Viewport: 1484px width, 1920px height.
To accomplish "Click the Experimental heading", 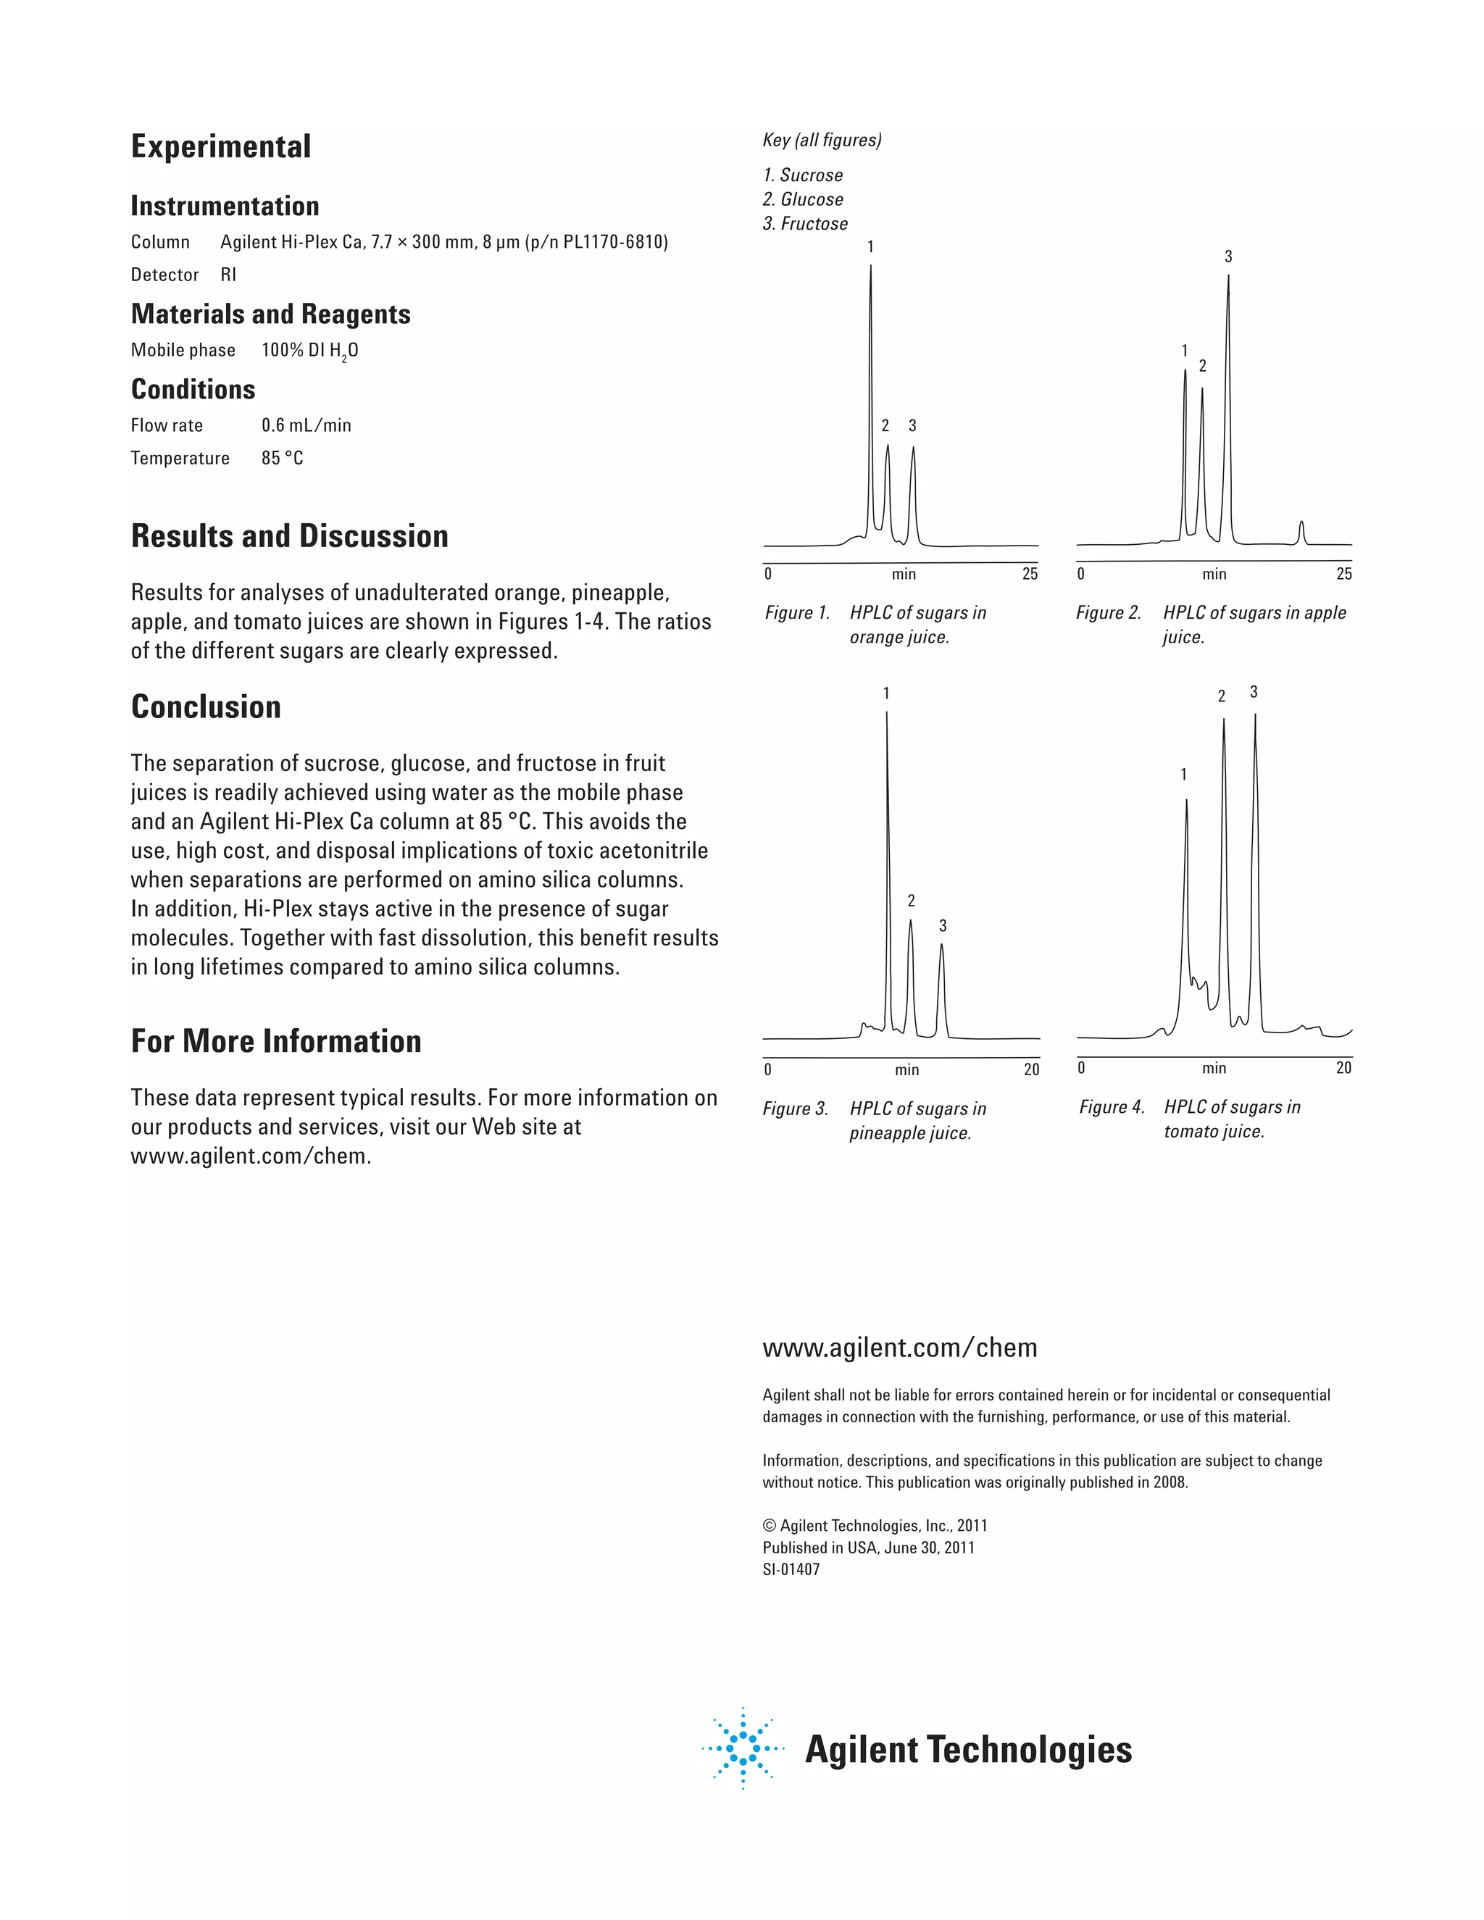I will point(221,147).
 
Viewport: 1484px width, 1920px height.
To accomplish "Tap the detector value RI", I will point(228,275).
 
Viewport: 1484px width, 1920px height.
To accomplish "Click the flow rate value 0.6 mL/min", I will point(306,425).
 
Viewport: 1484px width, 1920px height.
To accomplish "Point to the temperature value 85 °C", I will point(282,458).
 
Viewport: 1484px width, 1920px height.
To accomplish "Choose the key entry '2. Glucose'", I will point(803,199).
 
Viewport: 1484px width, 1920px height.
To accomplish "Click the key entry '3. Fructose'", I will point(805,224).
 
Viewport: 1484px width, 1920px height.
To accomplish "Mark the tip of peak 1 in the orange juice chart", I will point(870,267).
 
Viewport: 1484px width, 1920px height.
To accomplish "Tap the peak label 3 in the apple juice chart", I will point(1228,256).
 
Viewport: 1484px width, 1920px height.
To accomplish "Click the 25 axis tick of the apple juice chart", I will point(1343,574).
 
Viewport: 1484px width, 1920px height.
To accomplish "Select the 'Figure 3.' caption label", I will point(796,1109).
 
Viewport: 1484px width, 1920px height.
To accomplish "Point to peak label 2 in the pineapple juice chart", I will point(911,901).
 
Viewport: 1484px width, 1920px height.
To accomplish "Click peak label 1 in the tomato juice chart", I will point(1183,775).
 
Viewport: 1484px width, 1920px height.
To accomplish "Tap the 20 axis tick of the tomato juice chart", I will point(1343,1068).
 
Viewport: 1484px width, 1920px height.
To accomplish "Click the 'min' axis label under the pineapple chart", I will point(906,1070).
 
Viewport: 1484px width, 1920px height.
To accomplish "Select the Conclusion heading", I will point(206,707).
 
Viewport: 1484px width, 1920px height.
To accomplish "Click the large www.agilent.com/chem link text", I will point(899,1348).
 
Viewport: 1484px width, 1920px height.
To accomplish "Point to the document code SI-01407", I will point(791,1569).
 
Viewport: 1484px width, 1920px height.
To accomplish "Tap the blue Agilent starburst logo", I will point(743,1748).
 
